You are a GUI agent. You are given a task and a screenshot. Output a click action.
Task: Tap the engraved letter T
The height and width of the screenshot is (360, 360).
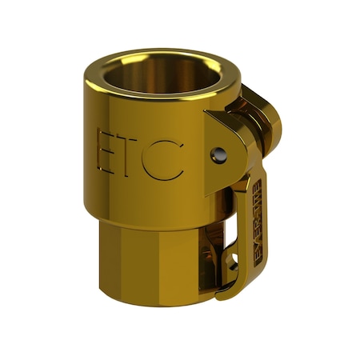tap(132, 154)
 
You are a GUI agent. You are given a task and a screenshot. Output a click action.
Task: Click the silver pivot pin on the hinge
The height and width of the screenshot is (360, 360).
tap(217, 154)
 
